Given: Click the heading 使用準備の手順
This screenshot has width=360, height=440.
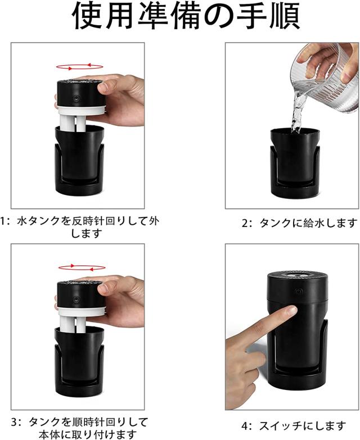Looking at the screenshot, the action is coord(186,16).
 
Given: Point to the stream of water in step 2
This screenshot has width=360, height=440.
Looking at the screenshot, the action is coord(297,112).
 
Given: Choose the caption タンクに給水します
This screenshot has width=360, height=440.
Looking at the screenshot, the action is coord(299,223).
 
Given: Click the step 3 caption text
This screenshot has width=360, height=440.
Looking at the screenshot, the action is coord(80,428).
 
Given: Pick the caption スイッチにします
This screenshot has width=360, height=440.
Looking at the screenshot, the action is coord(294,426).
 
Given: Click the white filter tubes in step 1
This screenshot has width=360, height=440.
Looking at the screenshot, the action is coord(73,124).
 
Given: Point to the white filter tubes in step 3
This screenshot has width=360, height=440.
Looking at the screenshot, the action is coord(73,325).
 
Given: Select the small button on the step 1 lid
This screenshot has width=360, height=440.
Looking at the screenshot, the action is coord(76,99).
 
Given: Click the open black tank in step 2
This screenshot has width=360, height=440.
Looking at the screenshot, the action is coord(295,164).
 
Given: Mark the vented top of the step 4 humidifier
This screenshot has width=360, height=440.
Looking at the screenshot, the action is coord(298,275).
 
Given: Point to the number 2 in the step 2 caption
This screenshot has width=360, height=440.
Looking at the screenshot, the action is coord(245,224).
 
